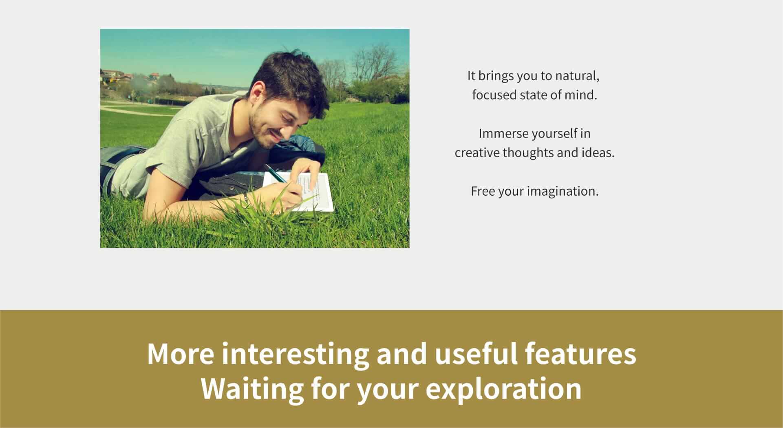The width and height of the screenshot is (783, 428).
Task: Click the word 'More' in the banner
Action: pos(180,354)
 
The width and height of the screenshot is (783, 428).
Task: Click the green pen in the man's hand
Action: pos(275,174)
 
